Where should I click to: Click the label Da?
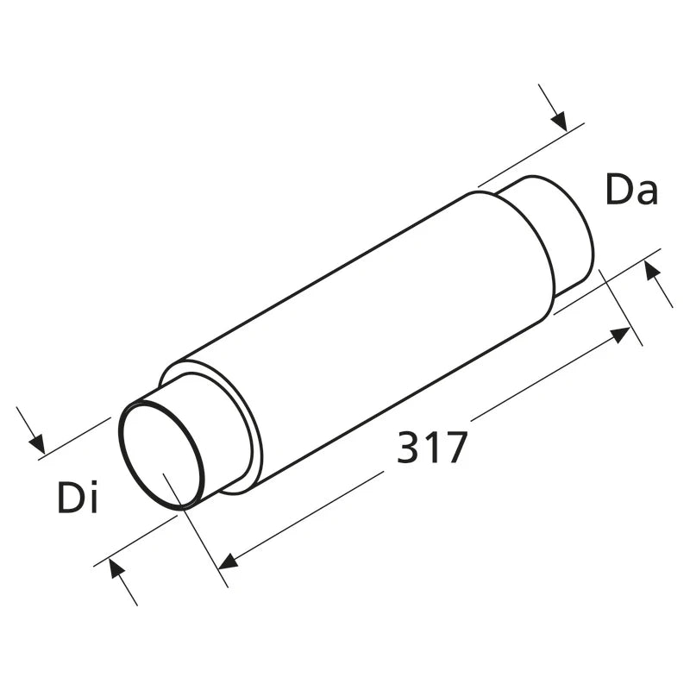click(632, 189)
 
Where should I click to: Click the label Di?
click(78, 497)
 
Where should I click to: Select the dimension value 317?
click(431, 447)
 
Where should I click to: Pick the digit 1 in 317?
click(431, 447)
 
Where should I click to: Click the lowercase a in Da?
click(648, 193)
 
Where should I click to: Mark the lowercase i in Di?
click(92, 497)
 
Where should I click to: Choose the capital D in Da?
click(619, 189)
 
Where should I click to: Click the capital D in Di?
click(71, 498)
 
